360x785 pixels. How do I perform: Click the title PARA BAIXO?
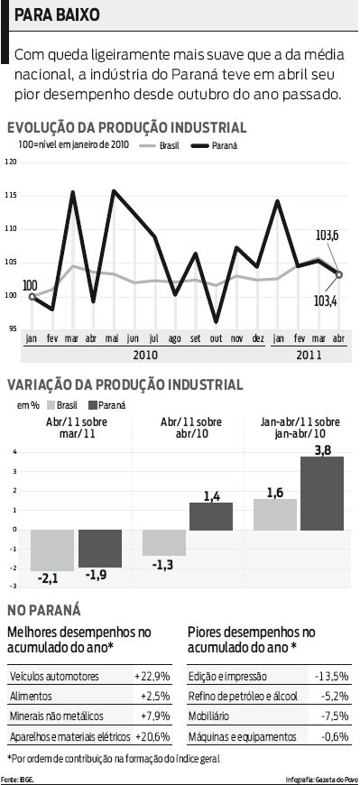pos(56,16)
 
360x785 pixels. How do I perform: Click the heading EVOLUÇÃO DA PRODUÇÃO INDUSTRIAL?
pos(126,128)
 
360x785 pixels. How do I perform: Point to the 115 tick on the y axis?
pos(11,196)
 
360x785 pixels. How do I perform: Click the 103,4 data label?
pos(326,300)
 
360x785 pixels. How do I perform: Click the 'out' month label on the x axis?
pos(216,338)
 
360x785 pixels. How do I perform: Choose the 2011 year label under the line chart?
pos(309,355)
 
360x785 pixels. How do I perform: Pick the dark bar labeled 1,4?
pos(210,515)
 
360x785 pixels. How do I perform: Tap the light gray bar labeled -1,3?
pos(163,542)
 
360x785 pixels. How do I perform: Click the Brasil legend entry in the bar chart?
pos(68,406)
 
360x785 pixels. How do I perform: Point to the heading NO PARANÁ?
pos(44,609)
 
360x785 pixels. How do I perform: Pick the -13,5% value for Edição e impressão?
pos(331,676)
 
